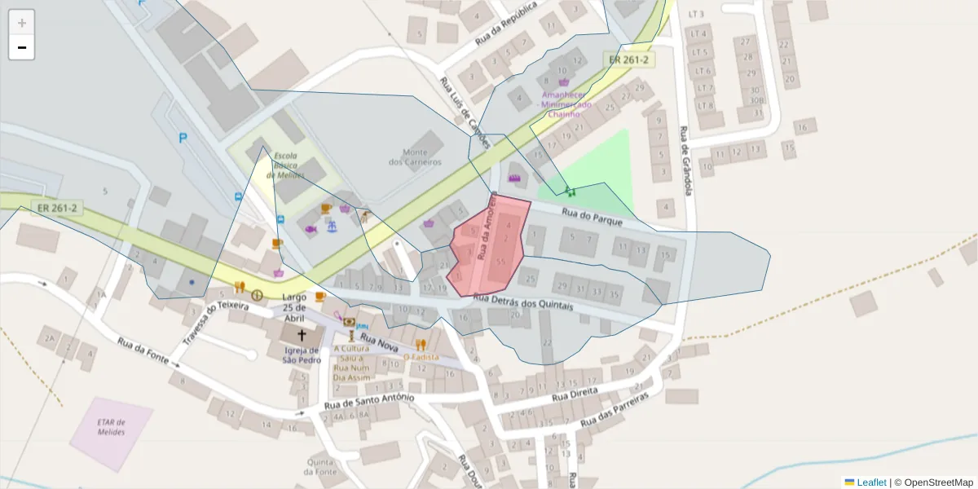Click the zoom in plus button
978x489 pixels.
(22, 23)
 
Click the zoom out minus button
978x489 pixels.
(22, 47)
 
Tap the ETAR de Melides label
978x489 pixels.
(110, 426)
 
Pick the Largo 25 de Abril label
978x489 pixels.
(294, 302)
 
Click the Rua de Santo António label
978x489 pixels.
(369, 401)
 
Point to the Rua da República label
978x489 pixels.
(506, 23)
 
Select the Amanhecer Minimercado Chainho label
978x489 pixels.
(563, 104)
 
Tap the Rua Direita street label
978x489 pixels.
(575, 394)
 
